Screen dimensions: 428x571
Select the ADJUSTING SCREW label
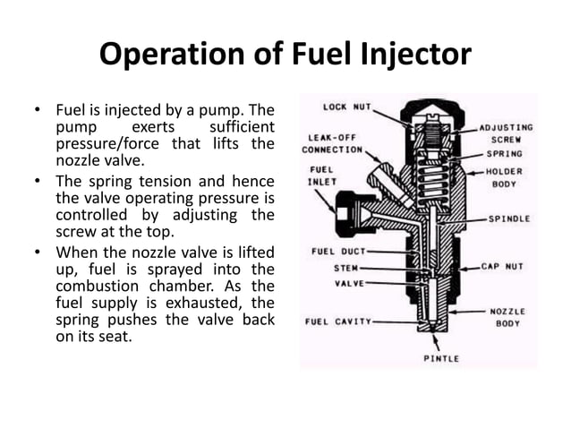pyautogui.click(x=506, y=133)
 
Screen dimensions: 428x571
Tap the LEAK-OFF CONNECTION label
pyautogui.click(x=332, y=143)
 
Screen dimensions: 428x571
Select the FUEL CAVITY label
pyautogui.click(x=338, y=321)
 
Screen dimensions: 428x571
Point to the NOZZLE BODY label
pyautogui.click(x=509, y=317)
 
